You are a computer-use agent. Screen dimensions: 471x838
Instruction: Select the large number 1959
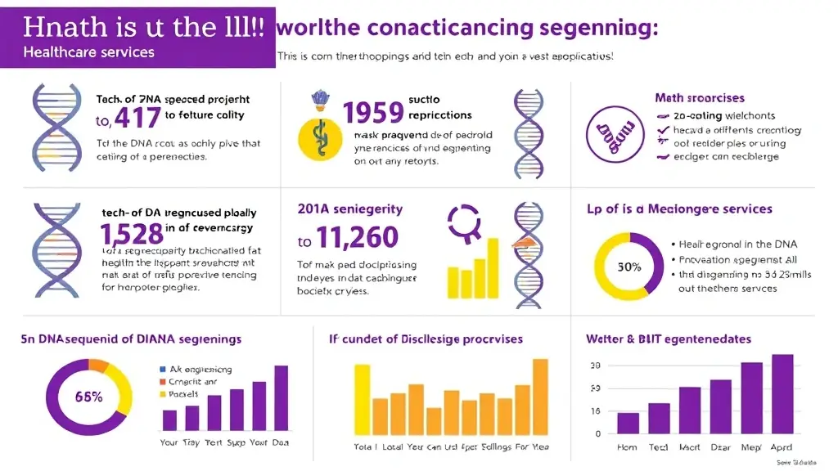[x=373, y=112]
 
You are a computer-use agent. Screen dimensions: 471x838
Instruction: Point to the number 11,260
[x=358, y=238]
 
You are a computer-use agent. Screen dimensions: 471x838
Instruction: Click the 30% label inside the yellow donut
[x=628, y=267]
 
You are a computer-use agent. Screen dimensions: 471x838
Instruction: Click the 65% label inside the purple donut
[x=88, y=397]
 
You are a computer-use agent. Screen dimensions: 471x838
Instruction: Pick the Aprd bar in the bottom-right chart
[x=782, y=393]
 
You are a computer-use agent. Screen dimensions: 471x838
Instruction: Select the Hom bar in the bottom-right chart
[x=628, y=423]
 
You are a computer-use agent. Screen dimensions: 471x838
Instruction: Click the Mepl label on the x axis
[x=751, y=447]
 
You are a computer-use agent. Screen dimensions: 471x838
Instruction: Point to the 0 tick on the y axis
[x=598, y=433]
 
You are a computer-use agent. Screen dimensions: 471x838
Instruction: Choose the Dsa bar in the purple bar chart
[x=281, y=397]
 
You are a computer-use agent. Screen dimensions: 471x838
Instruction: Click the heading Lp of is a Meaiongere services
[x=679, y=209]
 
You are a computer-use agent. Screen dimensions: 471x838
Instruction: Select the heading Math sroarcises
[x=699, y=98]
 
